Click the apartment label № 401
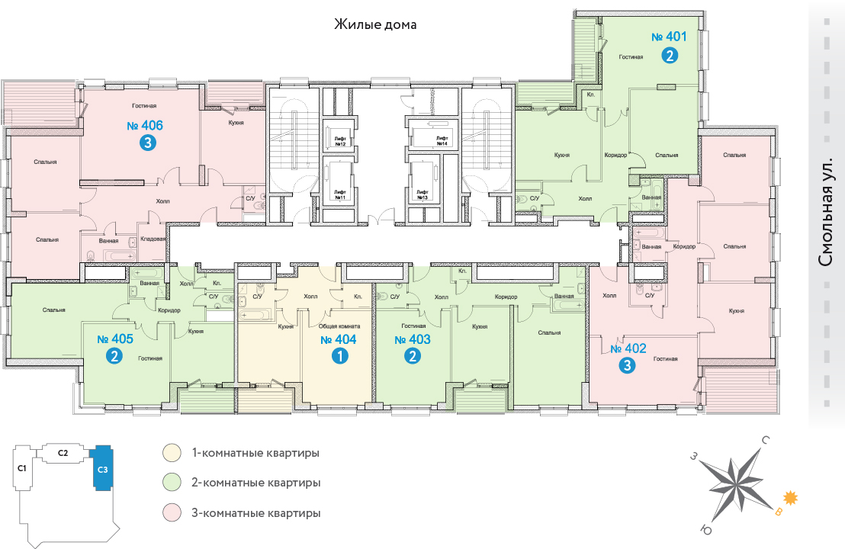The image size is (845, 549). pos(670,36)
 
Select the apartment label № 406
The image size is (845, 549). pos(145,126)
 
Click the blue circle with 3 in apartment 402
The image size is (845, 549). pos(627,366)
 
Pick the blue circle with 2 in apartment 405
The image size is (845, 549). pos(114,356)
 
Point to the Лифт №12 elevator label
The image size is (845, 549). pos(340,142)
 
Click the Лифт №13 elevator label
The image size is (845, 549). pos(421,194)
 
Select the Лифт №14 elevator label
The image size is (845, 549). pos(442,141)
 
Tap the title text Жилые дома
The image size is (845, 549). pos(375,24)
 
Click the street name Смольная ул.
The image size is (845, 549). pos(825,217)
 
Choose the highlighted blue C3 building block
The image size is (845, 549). pos(102,468)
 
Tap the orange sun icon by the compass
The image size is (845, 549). pos(791,498)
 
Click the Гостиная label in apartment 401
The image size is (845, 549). pos(631,57)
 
